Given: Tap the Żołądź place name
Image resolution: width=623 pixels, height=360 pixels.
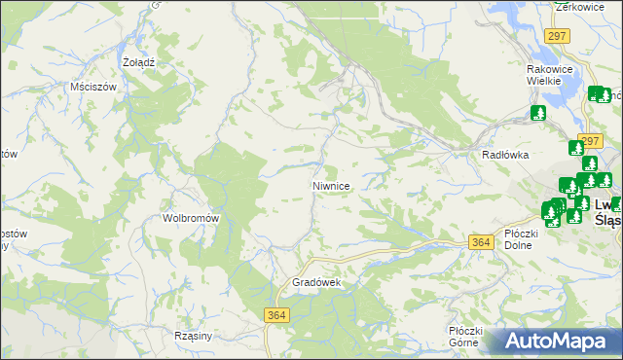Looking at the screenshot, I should [x=139, y=61].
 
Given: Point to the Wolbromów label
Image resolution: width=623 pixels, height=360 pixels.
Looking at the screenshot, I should [x=190, y=218].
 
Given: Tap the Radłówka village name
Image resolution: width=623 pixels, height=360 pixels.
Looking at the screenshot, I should [x=505, y=155].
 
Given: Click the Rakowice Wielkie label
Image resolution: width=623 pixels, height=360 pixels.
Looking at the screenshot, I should [x=553, y=75].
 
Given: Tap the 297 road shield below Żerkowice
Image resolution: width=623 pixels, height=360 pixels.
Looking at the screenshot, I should [x=557, y=36].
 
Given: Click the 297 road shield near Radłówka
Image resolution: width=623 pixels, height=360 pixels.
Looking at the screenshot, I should [x=588, y=140].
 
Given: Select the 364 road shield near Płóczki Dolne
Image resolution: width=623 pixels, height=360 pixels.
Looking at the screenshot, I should [x=479, y=242].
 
